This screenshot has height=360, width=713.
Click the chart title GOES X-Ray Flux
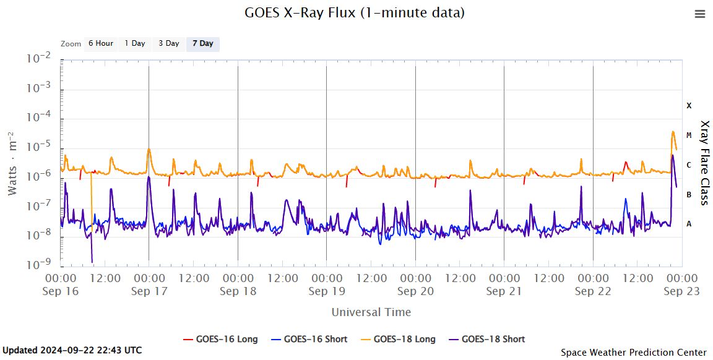tap(355, 12)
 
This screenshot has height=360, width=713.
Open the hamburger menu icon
tap(700, 14)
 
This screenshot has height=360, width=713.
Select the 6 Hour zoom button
tap(100, 44)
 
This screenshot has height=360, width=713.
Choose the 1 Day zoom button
tap(134, 44)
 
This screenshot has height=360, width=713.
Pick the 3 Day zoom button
tap(168, 44)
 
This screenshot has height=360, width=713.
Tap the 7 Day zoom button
tap(202, 44)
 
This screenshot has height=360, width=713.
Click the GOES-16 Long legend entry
tap(220, 339)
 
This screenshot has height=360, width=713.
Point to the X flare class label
tap(689, 106)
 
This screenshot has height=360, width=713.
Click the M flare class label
tap(689, 135)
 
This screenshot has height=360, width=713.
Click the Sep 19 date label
tap(326, 291)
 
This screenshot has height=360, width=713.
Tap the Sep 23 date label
tap(681, 291)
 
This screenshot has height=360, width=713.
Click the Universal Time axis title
tap(371, 312)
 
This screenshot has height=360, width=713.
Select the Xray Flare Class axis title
tap(704, 163)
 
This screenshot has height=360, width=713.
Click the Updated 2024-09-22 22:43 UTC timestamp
tap(72, 350)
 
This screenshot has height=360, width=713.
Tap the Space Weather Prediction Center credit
tap(633, 353)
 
